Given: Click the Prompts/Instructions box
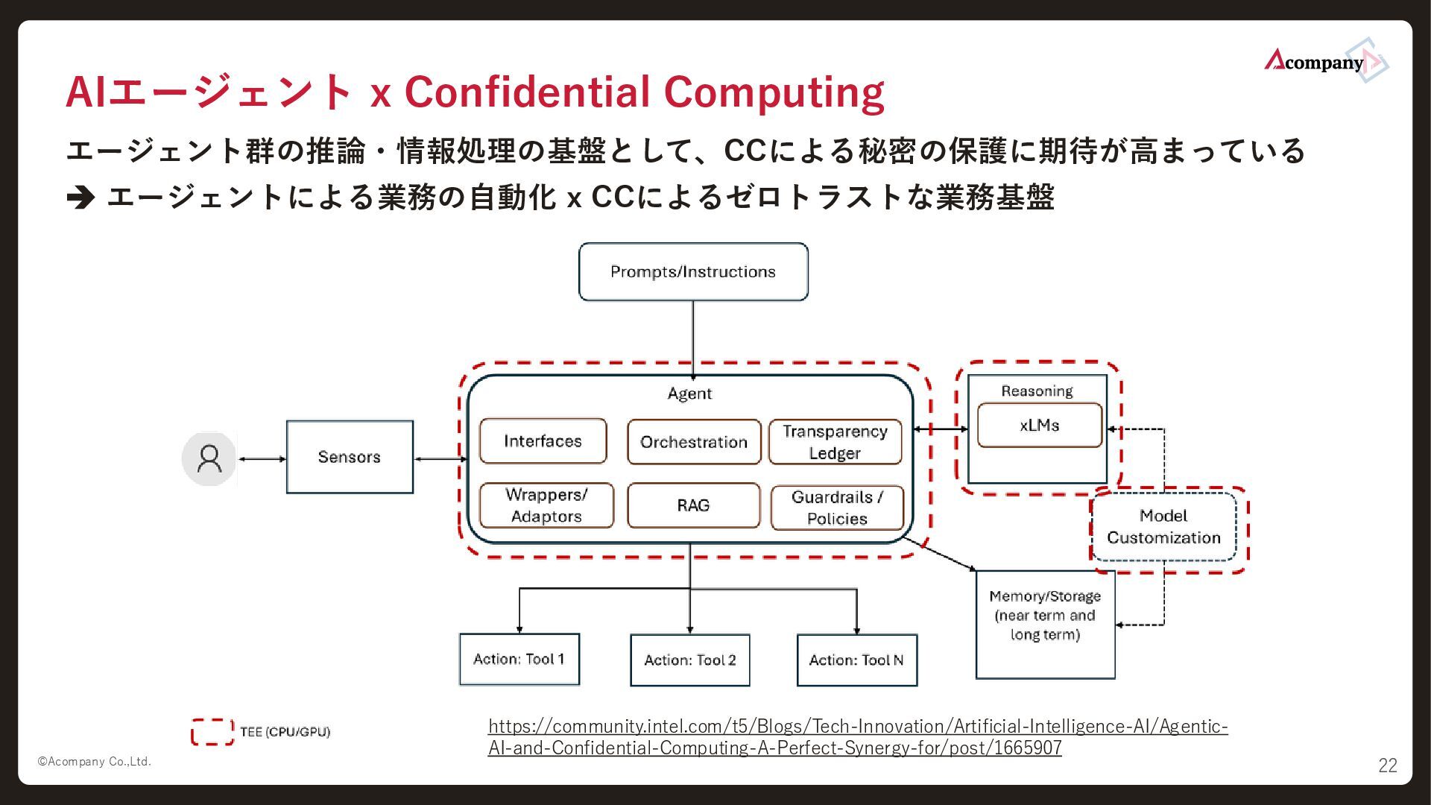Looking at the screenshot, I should click(693, 272).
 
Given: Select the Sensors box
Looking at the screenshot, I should click(350, 457).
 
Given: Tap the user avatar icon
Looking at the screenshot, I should click(209, 458).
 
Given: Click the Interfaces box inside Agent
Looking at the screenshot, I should click(543, 441).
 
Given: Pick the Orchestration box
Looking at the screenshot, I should click(694, 442).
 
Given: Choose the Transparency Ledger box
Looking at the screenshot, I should click(835, 442).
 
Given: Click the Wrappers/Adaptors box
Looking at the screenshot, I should click(546, 505).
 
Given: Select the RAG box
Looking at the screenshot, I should click(693, 505).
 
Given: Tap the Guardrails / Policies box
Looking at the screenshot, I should click(837, 508).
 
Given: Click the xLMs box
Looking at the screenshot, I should click(1039, 426).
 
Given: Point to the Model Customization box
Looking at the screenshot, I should click(1163, 526).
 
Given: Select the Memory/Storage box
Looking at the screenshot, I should click(1045, 625).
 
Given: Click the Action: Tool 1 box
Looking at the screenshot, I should click(519, 659).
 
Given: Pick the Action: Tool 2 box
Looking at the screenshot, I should click(689, 660).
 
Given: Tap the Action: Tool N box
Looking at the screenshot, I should click(856, 660).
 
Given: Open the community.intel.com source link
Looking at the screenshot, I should click(857, 736).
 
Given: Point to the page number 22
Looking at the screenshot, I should click(1387, 765).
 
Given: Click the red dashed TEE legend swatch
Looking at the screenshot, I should click(212, 732).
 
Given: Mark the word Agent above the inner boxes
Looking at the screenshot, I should click(689, 394).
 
